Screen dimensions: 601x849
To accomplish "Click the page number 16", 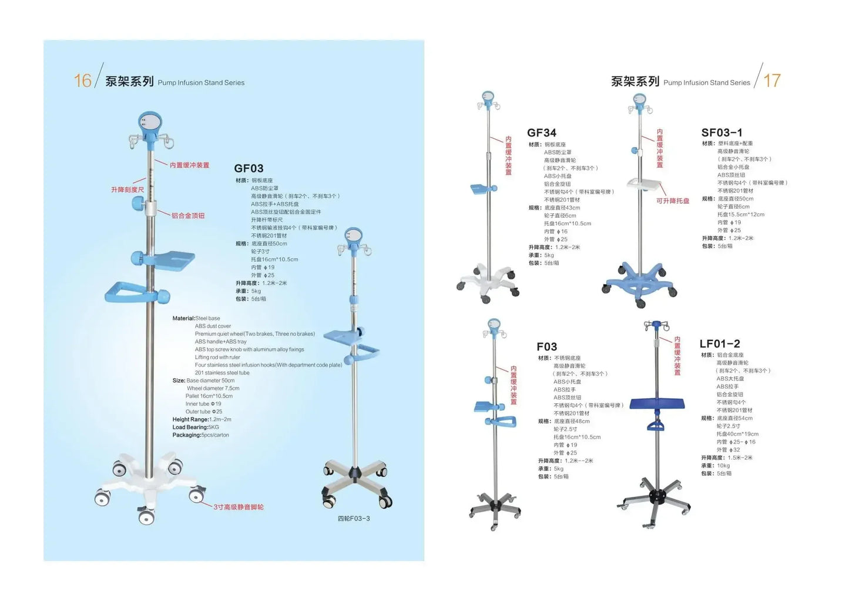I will point(82,81).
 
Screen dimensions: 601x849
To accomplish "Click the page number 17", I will point(771,81).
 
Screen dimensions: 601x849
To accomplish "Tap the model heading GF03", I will point(249,169).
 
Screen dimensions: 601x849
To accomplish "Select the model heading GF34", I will point(541,133).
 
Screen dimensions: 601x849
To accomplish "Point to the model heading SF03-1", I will point(722,133).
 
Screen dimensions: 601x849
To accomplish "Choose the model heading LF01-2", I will point(720,344).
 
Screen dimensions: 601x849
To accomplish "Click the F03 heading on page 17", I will point(546,347).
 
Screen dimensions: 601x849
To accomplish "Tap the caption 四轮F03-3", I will point(354,519).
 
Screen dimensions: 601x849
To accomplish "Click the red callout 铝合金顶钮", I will point(188,216).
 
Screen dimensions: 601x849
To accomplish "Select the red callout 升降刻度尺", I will point(127,189).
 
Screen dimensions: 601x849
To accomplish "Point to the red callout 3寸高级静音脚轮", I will point(239,507).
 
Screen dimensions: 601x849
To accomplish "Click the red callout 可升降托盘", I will point(672,201).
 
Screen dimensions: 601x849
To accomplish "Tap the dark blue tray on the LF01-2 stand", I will point(657,403).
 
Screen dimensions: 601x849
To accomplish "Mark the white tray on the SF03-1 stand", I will point(644,183).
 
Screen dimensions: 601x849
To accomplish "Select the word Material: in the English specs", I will point(183,318).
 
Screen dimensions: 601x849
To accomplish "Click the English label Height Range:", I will point(190,419).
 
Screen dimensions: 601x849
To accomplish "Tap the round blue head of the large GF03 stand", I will point(150,124).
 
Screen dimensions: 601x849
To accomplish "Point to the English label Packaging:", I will point(186,435).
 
